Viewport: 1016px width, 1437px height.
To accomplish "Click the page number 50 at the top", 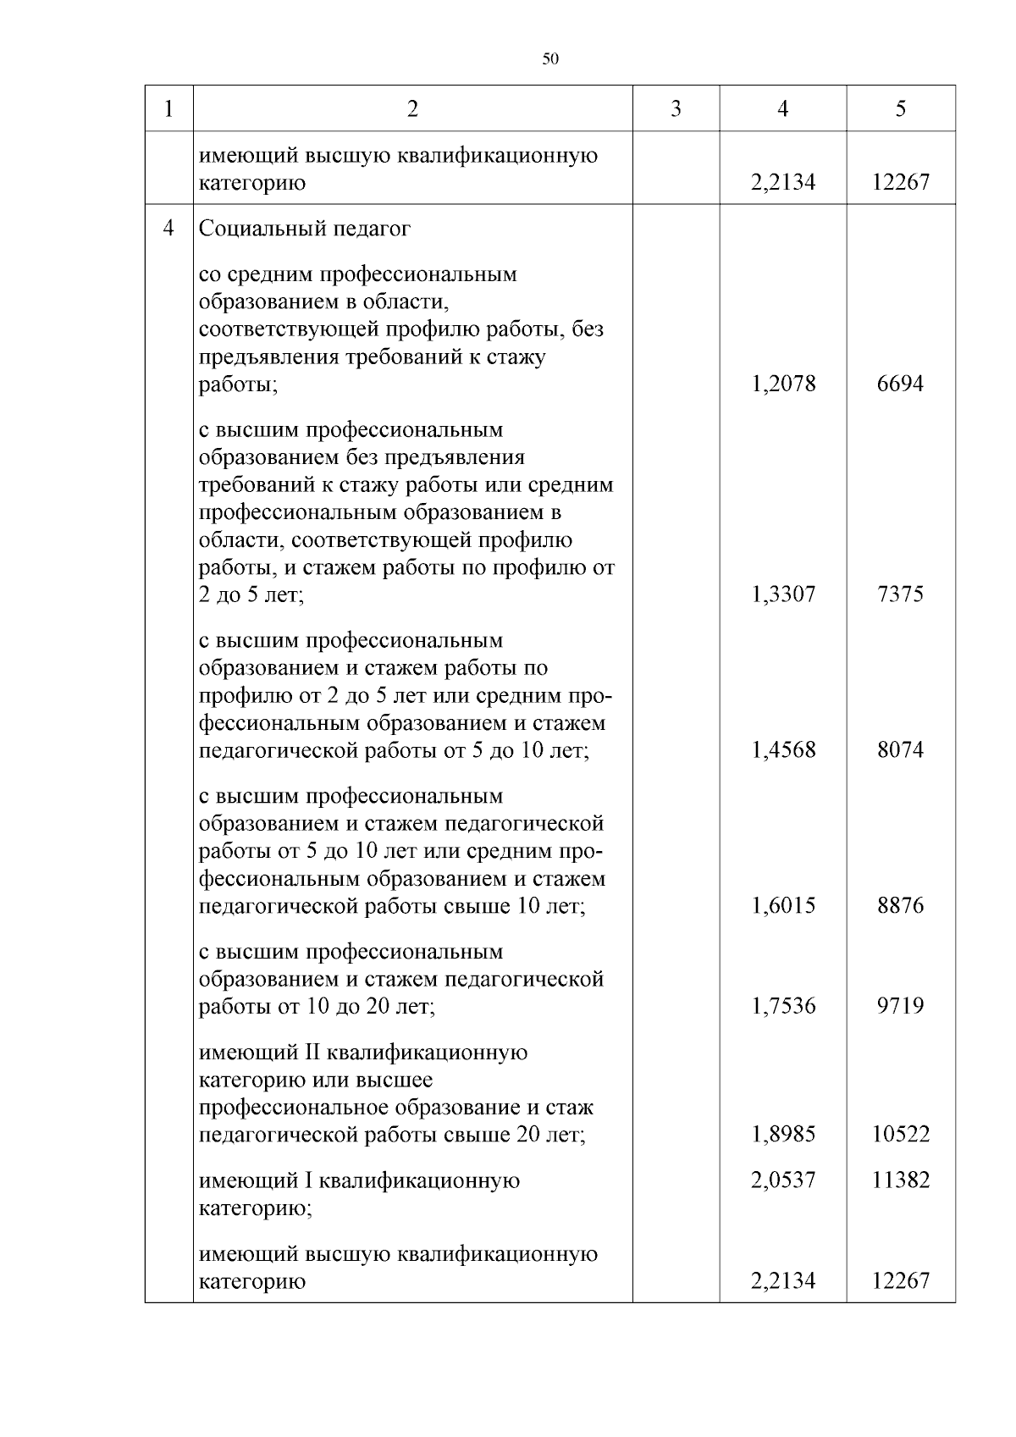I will click(x=549, y=58).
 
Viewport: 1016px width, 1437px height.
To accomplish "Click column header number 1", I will click(x=169, y=108).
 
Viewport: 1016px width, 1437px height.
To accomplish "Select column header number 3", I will click(x=676, y=108).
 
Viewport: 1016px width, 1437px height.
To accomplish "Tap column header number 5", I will click(x=900, y=108).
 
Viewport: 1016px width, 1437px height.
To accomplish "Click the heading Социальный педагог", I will click(x=305, y=229).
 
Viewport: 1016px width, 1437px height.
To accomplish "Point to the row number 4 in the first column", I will click(x=169, y=229).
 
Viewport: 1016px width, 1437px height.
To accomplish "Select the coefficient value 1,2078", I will click(x=783, y=384).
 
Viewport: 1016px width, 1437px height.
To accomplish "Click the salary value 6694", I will click(x=900, y=384).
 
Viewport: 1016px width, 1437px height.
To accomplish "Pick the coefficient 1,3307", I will click(x=783, y=594).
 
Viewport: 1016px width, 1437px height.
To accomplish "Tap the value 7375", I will click(x=900, y=594).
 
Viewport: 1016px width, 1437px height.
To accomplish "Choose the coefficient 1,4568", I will click(x=783, y=749).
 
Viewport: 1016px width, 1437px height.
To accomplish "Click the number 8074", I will click(x=900, y=749).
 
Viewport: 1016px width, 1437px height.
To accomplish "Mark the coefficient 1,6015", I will click(x=783, y=905).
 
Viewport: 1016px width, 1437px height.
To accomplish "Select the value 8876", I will click(x=900, y=905).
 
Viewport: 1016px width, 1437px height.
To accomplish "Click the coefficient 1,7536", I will click(x=783, y=1005).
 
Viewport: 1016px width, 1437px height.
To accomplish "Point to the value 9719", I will click(x=900, y=1005).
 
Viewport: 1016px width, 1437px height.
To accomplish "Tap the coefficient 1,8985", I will click(x=783, y=1134).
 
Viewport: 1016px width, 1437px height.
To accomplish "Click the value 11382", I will click(x=900, y=1180).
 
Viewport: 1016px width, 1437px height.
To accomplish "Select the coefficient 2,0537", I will click(x=783, y=1180).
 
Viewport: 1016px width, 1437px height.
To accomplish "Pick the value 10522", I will click(x=900, y=1134).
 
